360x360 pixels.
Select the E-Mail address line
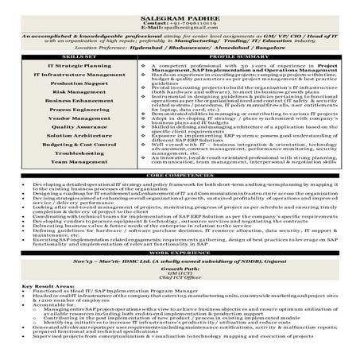(180, 21)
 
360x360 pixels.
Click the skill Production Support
(69, 83)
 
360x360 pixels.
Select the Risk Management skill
(69, 92)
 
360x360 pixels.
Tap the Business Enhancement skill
(69, 102)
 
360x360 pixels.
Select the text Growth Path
(180, 269)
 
